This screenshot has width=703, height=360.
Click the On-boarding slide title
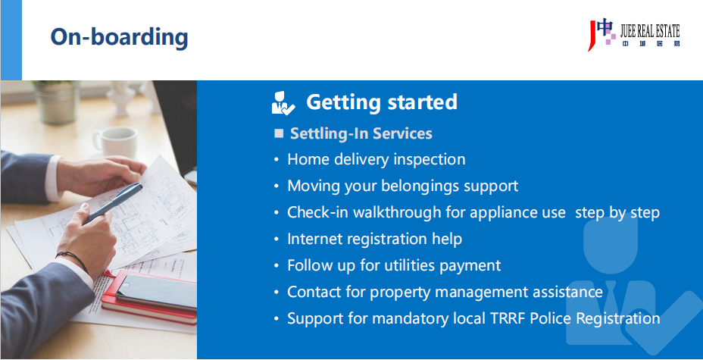pyautogui.click(x=119, y=37)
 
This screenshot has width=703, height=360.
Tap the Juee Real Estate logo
pyautogui.click(x=633, y=35)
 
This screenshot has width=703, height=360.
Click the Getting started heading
pyautogui.click(x=382, y=102)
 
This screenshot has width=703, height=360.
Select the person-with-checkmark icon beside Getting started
pyautogui.click(x=283, y=102)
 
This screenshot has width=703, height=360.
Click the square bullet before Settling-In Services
pyautogui.click(x=279, y=133)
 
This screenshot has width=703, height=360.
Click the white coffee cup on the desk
pyautogui.click(x=115, y=142)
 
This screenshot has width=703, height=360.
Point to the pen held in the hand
pyautogui.click(x=115, y=202)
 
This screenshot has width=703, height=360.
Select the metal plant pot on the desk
pyautogui.click(x=56, y=102)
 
